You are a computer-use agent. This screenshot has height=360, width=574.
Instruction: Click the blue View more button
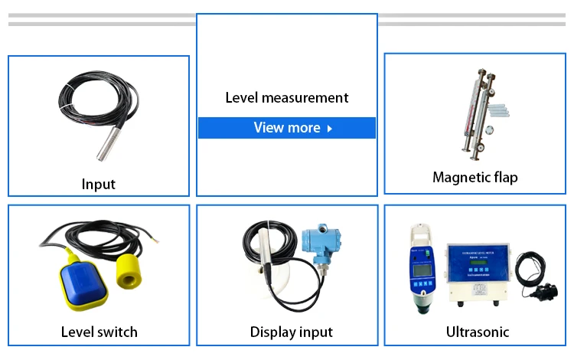(x=287, y=128)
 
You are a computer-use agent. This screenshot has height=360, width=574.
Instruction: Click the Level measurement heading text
(x=287, y=98)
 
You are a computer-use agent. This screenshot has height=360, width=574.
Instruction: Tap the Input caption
(x=99, y=185)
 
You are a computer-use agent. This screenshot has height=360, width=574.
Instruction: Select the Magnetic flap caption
(x=475, y=178)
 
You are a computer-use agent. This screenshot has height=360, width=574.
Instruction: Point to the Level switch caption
(x=99, y=332)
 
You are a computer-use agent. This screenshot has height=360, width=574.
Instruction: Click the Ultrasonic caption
(x=478, y=332)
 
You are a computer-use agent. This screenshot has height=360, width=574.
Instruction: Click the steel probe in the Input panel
(x=104, y=142)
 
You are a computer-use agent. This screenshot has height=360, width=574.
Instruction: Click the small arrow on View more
(x=330, y=129)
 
